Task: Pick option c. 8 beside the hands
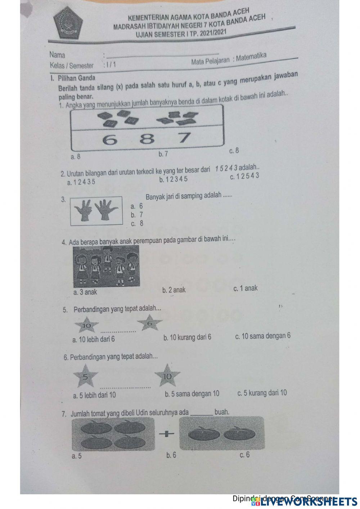137,223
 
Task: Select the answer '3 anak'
85,292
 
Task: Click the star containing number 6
150,323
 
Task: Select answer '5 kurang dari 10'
262,393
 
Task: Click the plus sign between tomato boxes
166,434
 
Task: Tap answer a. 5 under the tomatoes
77,456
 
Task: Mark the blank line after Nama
162,55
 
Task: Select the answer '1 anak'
246,288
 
